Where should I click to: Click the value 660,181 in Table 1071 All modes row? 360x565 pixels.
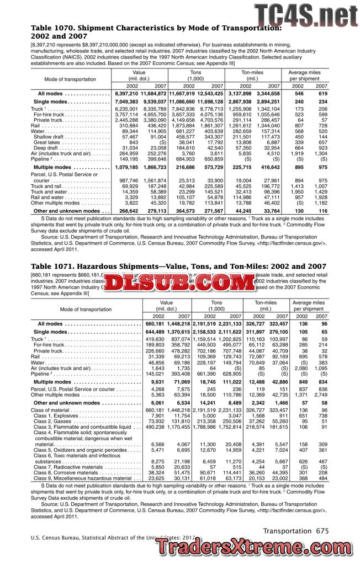tap(156, 324)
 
